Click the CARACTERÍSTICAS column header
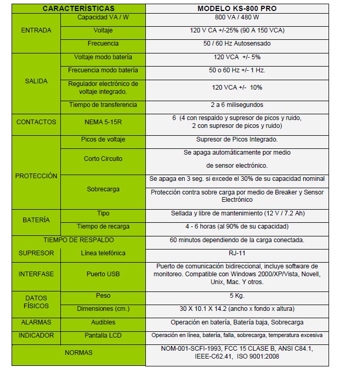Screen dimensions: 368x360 click(78, 8)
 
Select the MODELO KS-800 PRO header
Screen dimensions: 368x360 click(237, 8)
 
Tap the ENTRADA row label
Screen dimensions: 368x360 click(36, 30)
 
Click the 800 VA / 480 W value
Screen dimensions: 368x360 click(237, 17)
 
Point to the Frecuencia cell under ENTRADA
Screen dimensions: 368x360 click(103, 44)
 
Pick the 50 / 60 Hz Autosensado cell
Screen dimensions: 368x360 click(237, 44)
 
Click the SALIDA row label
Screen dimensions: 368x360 click(36, 81)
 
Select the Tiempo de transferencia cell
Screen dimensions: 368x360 click(103, 105)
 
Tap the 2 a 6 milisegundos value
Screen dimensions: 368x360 click(237, 105)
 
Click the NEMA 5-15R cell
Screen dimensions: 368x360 click(103, 122)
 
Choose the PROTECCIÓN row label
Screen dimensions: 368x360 click(36, 176)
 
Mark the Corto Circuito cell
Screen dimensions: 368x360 click(103, 158)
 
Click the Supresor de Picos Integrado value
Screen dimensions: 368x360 click(237, 139)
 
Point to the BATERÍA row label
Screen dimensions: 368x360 click(36, 220)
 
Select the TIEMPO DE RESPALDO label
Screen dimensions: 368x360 click(78, 240)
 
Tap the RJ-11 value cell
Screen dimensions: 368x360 click(237, 253)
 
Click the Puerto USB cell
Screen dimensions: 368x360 click(103, 274)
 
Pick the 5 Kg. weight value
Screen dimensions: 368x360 click(237, 296)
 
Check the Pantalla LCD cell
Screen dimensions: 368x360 click(103, 335)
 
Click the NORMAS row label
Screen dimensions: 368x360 click(78, 353)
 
